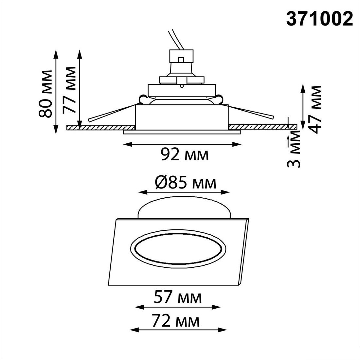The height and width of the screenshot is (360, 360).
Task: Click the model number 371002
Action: click(x=319, y=19)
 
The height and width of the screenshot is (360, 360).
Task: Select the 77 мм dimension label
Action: click(x=69, y=90)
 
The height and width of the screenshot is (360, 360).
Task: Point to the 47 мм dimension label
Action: click(x=314, y=110)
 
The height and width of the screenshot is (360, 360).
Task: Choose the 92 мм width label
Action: click(x=185, y=154)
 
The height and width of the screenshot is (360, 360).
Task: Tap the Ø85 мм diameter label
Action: click(x=186, y=183)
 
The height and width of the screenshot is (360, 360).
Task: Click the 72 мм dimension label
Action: click(x=176, y=321)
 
